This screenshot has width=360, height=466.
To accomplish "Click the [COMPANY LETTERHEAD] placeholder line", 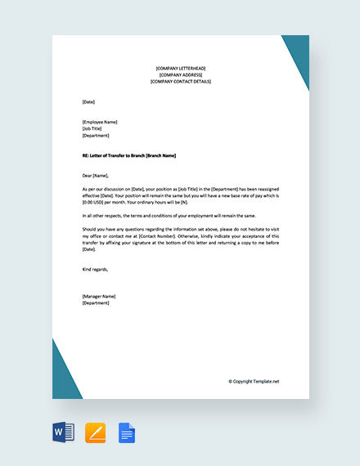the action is click(x=180, y=68).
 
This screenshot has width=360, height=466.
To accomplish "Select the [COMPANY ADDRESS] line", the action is click(x=180, y=74).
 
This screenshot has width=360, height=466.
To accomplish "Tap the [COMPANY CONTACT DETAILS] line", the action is click(x=180, y=82).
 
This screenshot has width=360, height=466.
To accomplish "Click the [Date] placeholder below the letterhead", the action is click(x=88, y=101).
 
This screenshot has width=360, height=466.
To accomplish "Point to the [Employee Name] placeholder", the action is click(x=100, y=122).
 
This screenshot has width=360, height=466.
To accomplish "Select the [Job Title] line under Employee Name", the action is click(x=92, y=128).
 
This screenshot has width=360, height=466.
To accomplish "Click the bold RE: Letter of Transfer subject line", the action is click(x=129, y=155).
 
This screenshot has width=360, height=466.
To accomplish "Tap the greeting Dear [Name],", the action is click(x=96, y=176).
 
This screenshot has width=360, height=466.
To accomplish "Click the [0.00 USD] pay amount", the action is click(x=97, y=203).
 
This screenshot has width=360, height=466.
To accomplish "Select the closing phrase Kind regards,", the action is click(x=95, y=269).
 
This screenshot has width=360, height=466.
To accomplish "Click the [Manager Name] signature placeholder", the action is click(x=99, y=296).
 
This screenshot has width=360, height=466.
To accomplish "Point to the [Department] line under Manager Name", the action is click(x=96, y=302).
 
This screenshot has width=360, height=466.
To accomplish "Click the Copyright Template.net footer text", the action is click(x=254, y=381).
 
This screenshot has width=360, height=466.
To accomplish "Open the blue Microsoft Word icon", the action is click(x=63, y=432).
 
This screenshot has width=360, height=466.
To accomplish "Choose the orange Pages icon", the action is click(x=95, y=432).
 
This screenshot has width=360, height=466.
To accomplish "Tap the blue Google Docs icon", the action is click(x=127, y=432).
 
